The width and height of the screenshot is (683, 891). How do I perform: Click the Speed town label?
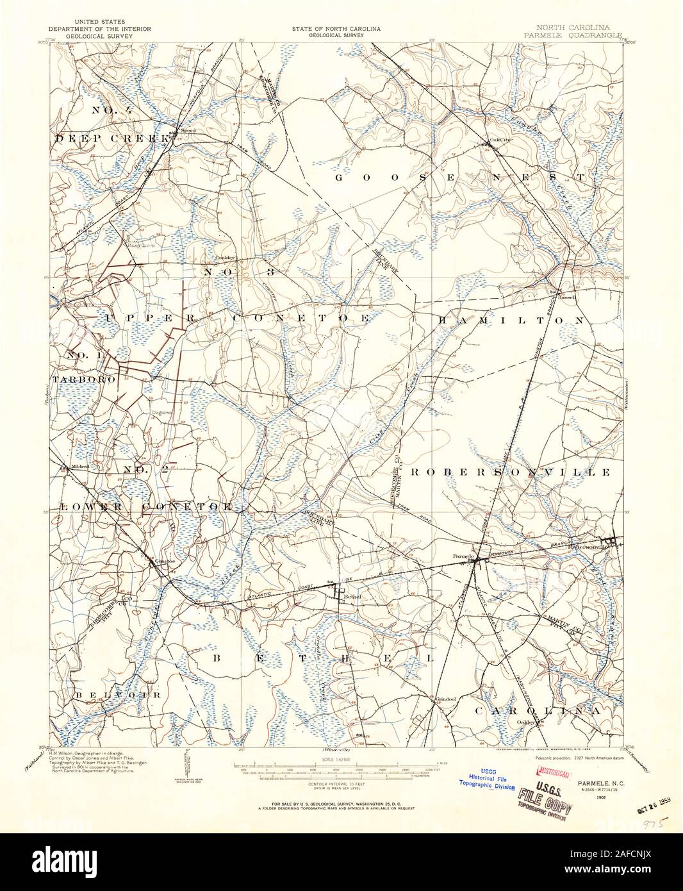click(188, 130)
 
